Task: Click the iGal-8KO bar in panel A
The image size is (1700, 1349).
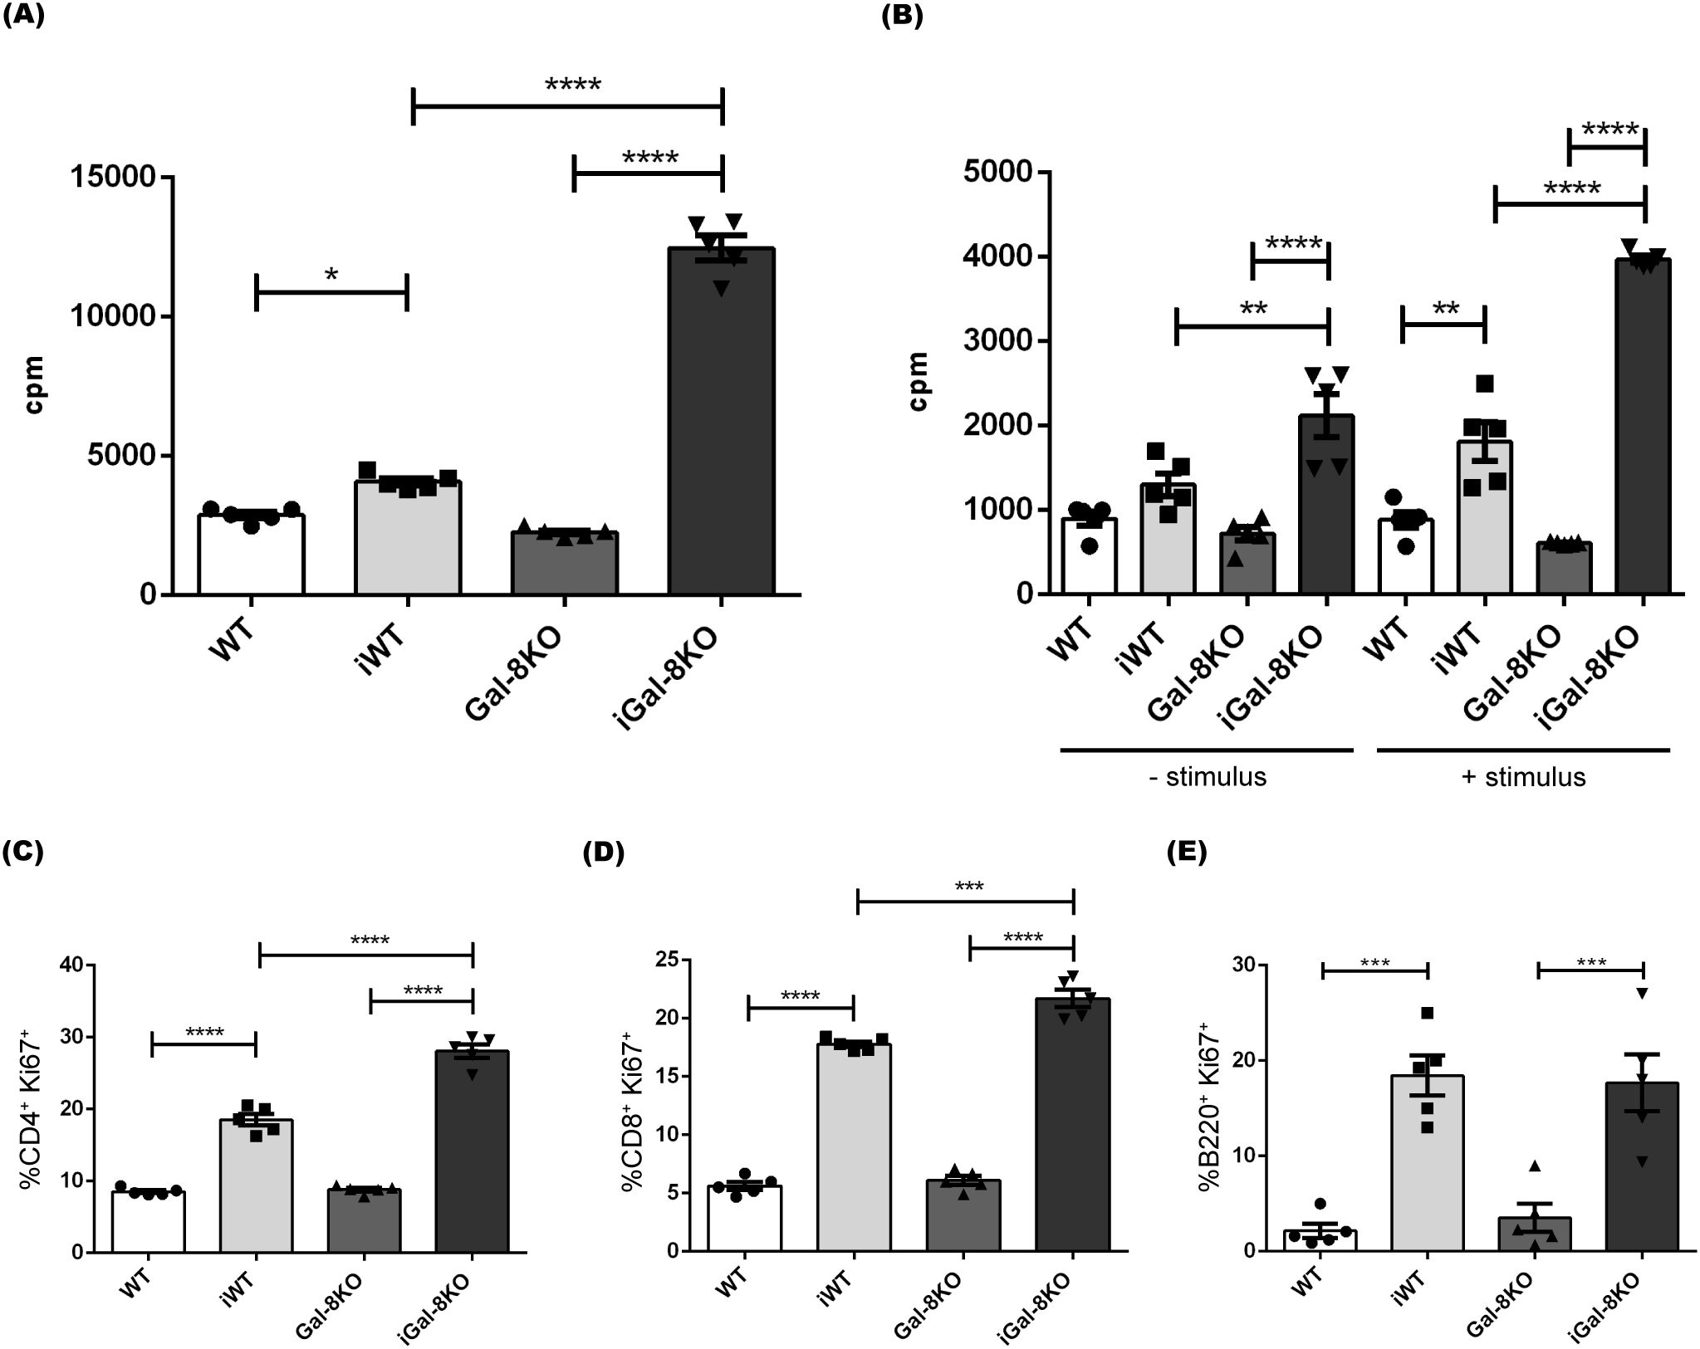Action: (x=721, y=423)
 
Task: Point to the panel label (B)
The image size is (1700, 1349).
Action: (x=901, y=17)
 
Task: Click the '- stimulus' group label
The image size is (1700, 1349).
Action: (x=1208, y=777)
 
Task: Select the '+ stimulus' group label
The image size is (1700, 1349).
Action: (x=1523, y=777)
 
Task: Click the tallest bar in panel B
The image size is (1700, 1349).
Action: (x=1644, y=428)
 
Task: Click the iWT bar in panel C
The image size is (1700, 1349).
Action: (x=256, y=1187)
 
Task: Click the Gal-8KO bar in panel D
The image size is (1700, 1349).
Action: (x=963, y=1216)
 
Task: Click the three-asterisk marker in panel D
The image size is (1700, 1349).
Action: (x=968, y=887)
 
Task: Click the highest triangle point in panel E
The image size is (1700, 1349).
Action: (x=1641, y=994)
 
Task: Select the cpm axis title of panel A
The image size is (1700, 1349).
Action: (x=35, y=385)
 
